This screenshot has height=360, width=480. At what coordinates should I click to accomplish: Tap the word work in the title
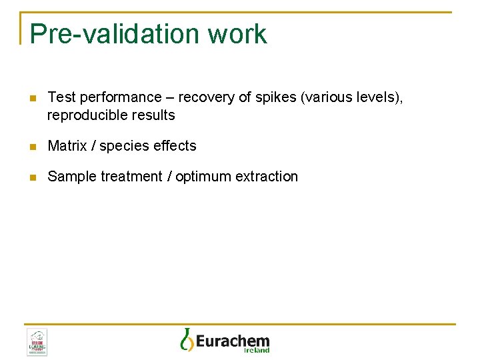[237, 34]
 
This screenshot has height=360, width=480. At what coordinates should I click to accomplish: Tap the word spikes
[275, 97]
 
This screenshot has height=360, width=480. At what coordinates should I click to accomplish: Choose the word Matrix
[67, 145]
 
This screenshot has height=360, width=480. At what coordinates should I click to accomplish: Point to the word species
[123, 146]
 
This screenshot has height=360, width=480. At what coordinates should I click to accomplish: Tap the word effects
[174, 145]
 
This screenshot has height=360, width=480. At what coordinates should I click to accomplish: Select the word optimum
[203, 177]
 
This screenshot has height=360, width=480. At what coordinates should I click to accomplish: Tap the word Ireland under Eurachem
[257, 350]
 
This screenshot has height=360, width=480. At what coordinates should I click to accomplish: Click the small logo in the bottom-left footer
[37, 342]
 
